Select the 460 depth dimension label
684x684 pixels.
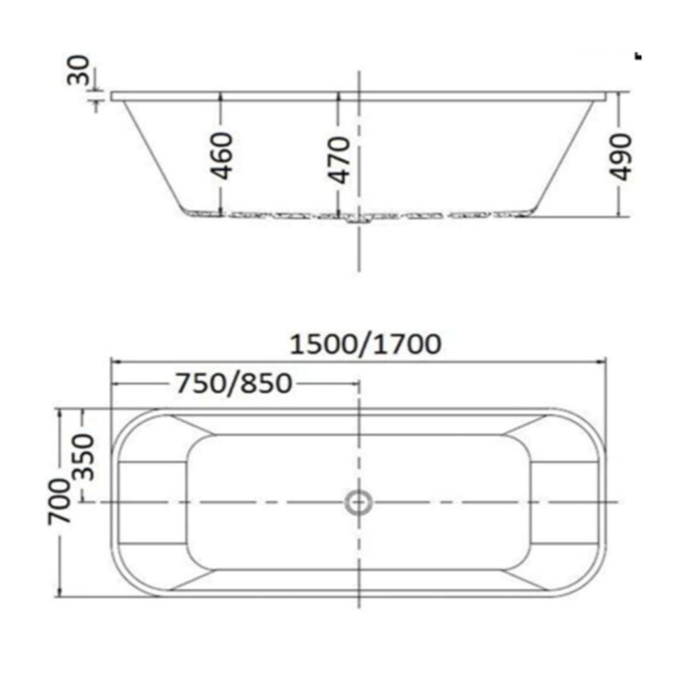(x=221, y=156)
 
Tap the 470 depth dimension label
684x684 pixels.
(x=339, y=158)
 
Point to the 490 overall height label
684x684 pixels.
(x=622, y=156)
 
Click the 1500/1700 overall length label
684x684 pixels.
(x=365, y=344)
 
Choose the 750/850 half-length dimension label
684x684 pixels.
(x=233, y=383)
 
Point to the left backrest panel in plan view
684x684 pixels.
(x=151, y=501)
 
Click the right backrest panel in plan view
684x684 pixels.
(x=563, y=501)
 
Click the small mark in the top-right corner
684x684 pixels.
(x=637, y=56)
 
